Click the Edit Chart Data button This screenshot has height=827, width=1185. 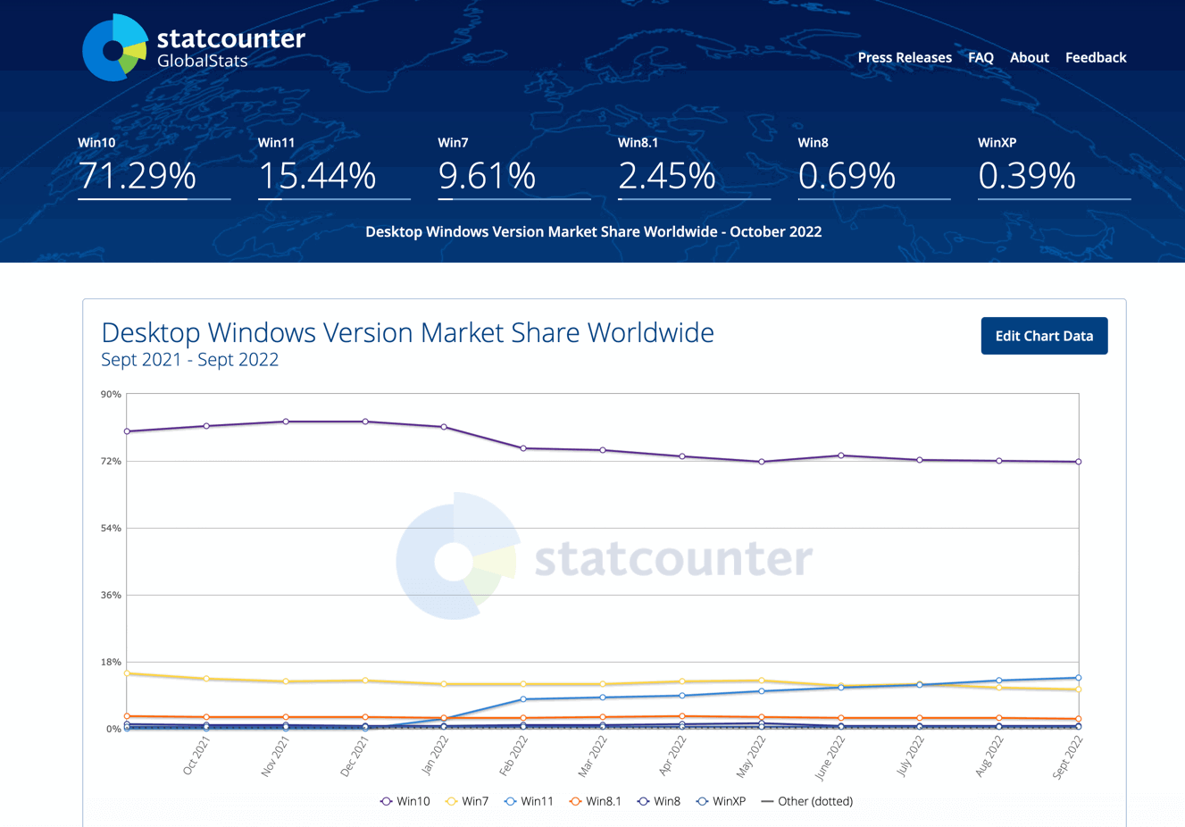pyautogui.click(x=1044, y=336)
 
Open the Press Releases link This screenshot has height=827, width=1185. pyautogui.click(x=905, y=57)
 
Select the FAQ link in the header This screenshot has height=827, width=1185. pyautogui.click(x=981, y=57)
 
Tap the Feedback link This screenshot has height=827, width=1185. pyautogui.click(x=1096, y=57)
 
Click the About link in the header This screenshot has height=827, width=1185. pyautogui.click(x=1029, y=57)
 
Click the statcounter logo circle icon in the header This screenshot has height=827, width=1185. pyautogui.click(x=114, y=48)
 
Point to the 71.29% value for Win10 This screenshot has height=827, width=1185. pyautogui.click(x=138, y=175)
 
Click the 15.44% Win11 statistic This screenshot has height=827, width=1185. pyautogui.click(x=317, y=175)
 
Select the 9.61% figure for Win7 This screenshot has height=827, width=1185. pyautogui.click(x=487, y=175)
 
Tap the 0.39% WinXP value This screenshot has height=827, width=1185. pyautogui.click(x=1027, y=175)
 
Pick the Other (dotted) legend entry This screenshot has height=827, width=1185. pyautogui.click(x=806, y=801)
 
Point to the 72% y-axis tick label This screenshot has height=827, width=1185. pyautogui.click(x=111, y=461)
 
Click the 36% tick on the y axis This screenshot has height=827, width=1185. pyautogui.click(x=111, y=595)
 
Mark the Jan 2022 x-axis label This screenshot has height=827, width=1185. pyautogui.click(x=435, y=756)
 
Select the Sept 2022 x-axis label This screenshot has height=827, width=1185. pyautogui.click(x=1067, y=758)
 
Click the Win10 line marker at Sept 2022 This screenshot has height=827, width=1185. pyautogui.click(x=1079, y=462)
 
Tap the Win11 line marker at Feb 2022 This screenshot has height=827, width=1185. pyautogui.click(x=523, y=699)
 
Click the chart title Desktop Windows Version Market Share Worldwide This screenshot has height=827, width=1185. pyautogui.click(x=407, y=332)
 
